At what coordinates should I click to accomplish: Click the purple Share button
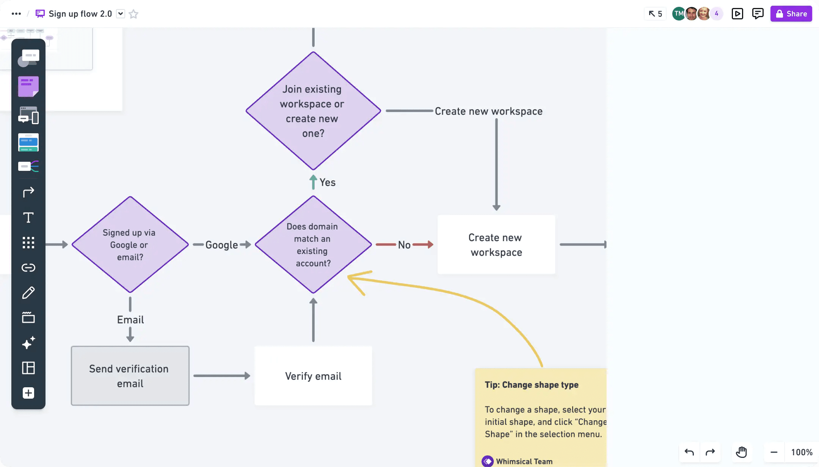coord(791,14)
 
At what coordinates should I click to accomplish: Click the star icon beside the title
coord(133,14)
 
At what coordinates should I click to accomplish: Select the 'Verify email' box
coord(313,376)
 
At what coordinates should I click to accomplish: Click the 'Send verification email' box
coord(130,376)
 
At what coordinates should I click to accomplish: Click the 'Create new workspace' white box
coord(496,245)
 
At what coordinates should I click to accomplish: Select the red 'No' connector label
coord(404,245)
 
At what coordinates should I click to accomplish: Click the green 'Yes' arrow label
coord(327,183)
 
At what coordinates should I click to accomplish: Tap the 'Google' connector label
coord(221,245)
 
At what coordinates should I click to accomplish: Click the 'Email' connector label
coord(130,320)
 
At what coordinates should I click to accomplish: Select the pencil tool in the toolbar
coord(28,293)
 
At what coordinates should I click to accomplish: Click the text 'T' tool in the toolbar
coord(28,218)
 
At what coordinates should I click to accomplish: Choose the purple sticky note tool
coord(28,87)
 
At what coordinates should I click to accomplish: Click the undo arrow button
coord(689,452)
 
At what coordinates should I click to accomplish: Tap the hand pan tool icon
coord(741,452)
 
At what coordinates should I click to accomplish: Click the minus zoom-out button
coord(774,452)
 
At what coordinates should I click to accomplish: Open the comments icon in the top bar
coord(758,14)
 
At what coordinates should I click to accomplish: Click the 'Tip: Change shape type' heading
coord(532,385)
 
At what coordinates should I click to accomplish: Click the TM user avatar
coord(678,14)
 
